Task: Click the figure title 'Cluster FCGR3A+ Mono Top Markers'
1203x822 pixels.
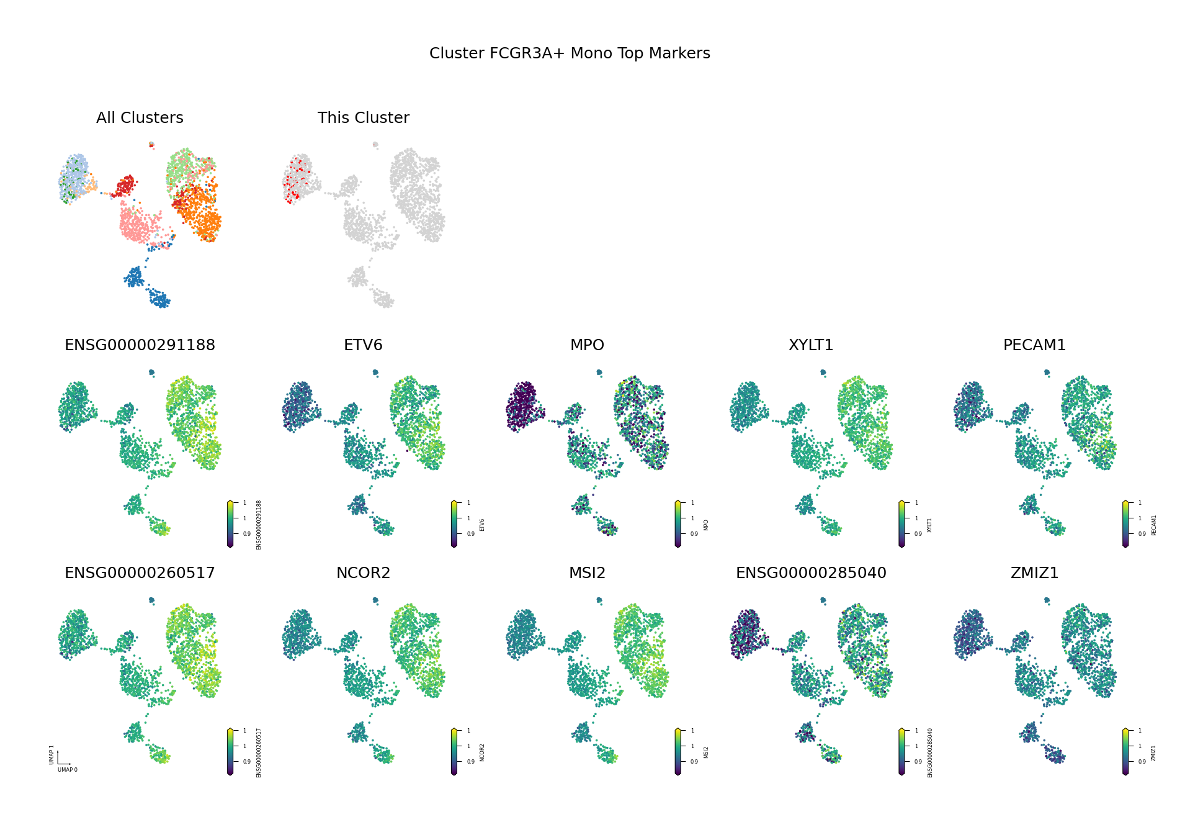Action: pos(570,53)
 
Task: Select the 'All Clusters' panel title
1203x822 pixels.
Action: pos(140,118)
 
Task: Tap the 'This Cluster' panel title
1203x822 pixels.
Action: pos(363,118)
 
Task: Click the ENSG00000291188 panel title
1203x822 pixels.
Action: pos(140,345)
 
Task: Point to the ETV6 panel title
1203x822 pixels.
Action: pos(363,345)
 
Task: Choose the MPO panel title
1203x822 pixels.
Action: pos(587,345)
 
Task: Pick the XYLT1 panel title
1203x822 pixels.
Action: pos(811,345)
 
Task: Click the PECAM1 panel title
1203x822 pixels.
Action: pos(1034,345)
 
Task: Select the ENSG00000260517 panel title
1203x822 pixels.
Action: pos(140,573)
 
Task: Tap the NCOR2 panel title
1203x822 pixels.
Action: pos(363,573)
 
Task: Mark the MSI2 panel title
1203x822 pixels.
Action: pos(587,573)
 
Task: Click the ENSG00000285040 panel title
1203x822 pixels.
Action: pos(811,573)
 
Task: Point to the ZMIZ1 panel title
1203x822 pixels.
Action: pos(1034,573)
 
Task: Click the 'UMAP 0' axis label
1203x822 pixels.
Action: pos(68,770)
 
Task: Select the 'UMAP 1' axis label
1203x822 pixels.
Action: pos(52,754)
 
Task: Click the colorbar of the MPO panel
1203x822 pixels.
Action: pos(678,524)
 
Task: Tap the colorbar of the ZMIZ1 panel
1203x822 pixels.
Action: pos(1125,752)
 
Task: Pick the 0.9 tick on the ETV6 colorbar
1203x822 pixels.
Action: pos(471,534)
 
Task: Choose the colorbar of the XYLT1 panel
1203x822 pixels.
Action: pos(901,524)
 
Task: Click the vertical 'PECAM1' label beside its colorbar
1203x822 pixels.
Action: pos(1154,525)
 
